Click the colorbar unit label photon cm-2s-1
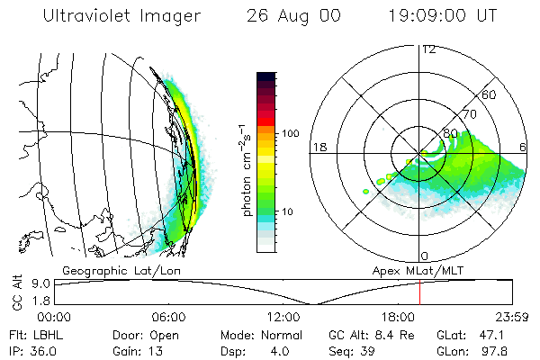[246, 162]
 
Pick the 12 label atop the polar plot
[428, 49]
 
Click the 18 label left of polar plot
[318, 147]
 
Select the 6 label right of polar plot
[523, 147]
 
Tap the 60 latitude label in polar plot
[490, 94]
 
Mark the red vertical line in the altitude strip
[420, 292]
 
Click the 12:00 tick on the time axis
[283, 317]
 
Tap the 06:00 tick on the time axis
[168, 317]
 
